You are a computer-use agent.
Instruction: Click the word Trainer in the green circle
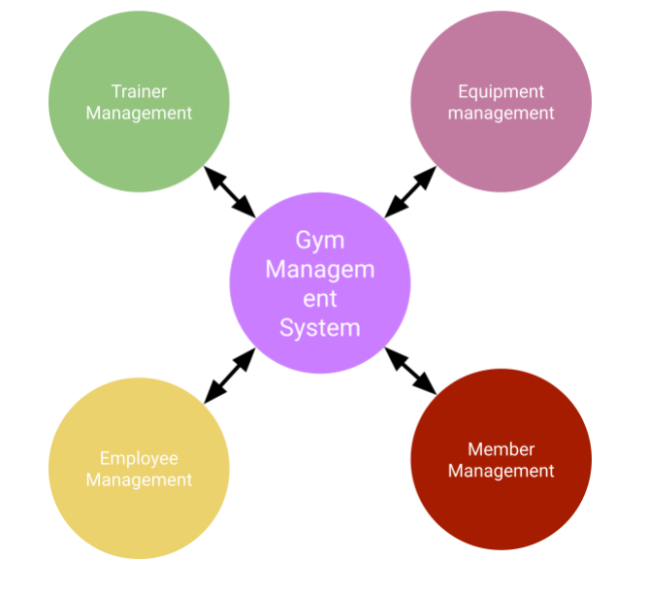(x=139, y=91)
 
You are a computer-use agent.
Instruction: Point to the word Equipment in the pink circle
(x=501, y=91)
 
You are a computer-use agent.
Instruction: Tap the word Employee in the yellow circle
(x=139, y=458)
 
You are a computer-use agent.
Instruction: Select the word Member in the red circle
(x=501, y=449)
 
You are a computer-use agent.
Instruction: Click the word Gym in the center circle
(x=319, y=239)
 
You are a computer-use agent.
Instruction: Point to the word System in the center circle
(x=319, y=327)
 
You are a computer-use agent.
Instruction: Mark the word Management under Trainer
(x=139, y=113)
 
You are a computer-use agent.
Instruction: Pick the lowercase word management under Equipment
(x=501, y=113)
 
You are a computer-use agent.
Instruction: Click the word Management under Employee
(x=139, y=479)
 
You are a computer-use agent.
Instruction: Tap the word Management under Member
(x=501, y=471)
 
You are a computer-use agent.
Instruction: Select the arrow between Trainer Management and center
(x=229, y=191)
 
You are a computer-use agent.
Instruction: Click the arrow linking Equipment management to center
(x=410, y=191)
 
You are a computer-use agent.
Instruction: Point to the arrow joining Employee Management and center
(x=229, y=375)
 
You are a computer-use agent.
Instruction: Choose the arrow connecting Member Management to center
(x=410, y=370)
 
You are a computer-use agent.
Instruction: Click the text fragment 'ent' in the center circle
(x=319, y=298)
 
